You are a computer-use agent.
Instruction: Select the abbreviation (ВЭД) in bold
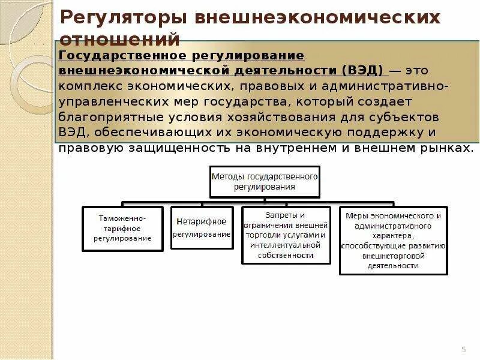(x=363, y=70)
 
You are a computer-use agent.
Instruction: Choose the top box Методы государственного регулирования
(x=264, y=181)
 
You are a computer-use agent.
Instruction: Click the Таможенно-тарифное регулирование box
(x=122, y=229)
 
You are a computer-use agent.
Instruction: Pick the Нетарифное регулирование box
(x=202, y=229)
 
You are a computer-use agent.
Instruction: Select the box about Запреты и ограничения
(x=286, y=235)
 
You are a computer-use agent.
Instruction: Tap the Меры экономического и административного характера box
(x=394, y=240)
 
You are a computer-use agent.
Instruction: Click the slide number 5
(x=463, y=349)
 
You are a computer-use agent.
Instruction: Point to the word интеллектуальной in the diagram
(x=286, y=245)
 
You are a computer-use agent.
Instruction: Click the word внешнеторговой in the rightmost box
(x=394, y=255)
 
